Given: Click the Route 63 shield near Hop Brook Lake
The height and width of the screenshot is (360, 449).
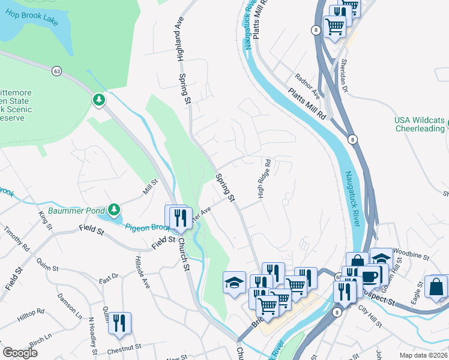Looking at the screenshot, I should [56, 71].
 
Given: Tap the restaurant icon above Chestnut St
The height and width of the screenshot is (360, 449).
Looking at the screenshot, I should [119, 323].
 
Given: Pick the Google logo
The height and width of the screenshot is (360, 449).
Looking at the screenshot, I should [20, 353].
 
